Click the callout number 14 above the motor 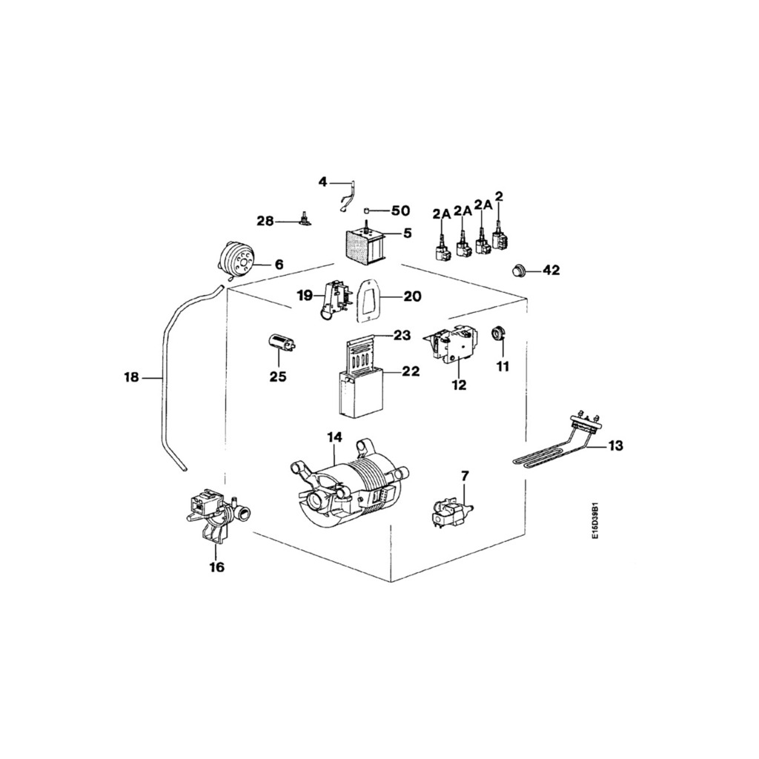point(334,437)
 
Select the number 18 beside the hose point(131,378)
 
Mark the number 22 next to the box point(411,371)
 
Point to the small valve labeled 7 point(451,512)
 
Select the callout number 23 point(402,335)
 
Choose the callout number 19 point(305,296)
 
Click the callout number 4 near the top point(322,182)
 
